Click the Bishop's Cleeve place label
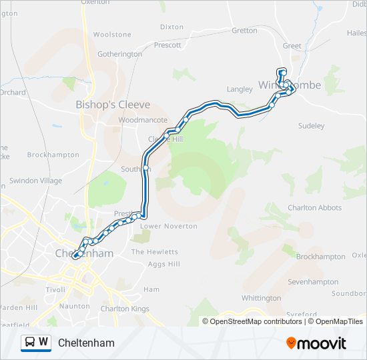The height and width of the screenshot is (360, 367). tap(112, 105)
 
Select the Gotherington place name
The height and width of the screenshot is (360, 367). tap(119, 54)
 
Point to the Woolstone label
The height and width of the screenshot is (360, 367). tap(112, 34)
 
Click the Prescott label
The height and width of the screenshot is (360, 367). tap(167, 45)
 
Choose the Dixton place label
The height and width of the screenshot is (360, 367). tap(171, 27)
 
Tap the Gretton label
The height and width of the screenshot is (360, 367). tap(244, 31)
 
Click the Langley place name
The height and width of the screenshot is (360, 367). tap(240, 89)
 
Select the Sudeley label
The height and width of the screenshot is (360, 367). tap(311, 125)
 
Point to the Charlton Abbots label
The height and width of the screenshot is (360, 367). tap(314, 208)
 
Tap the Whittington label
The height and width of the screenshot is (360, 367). tap(261, 298)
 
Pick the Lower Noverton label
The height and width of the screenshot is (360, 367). tap(169, 226)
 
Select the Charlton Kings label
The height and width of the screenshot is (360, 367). tap(124, 309)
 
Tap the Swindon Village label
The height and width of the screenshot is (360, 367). tap(35, 181)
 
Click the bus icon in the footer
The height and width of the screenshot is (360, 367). tap(30, 342)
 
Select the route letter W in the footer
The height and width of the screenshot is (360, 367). tap(43, 342)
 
